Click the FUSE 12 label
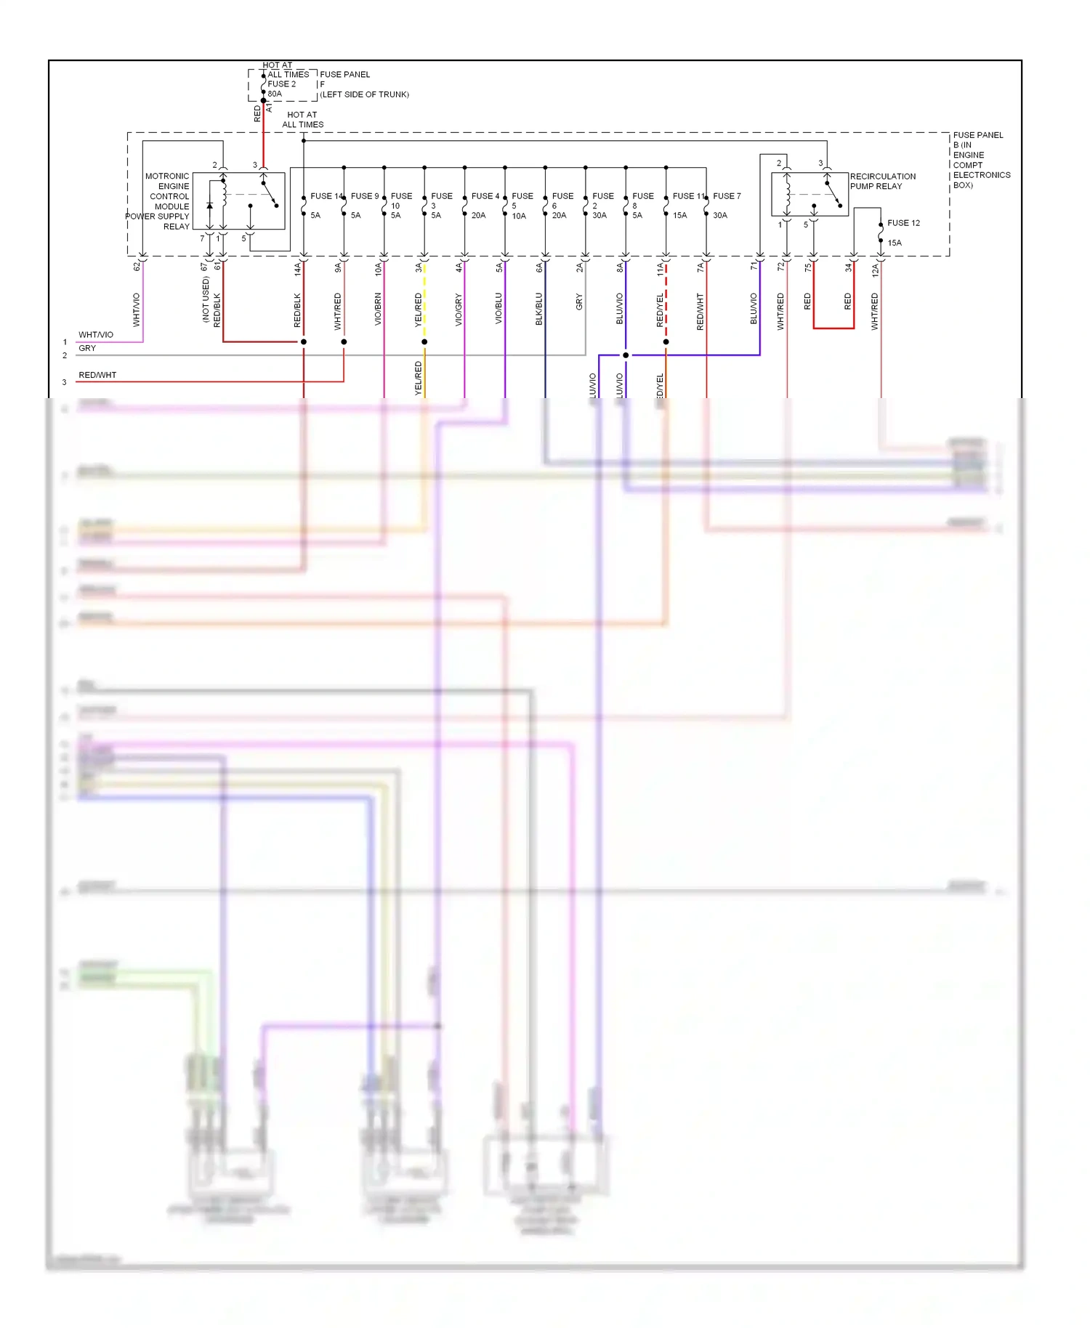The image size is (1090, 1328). [903, 223]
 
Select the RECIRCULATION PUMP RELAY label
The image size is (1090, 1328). [882, 182]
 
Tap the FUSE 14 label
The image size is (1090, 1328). [326, 196]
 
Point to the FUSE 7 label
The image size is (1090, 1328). [727, 196]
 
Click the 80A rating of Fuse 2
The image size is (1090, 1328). [275, 94]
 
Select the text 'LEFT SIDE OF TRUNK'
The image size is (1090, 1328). [365, 94]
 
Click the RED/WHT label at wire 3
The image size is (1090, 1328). [97, 375]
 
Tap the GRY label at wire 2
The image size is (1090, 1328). [87, 348]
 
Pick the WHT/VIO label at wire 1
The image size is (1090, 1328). [96, 335]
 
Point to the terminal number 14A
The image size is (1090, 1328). [297, 270]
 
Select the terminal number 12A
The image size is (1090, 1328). [876, 270]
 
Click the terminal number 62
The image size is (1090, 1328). [137, 267]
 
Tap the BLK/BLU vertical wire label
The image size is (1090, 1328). [539, 309]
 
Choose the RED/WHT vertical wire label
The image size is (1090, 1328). [701, 312]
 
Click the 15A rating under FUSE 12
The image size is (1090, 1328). [895, 243]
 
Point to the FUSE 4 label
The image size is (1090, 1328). [485, 196]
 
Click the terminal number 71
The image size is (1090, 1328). [754, 267]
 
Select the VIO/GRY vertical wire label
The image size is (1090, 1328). [459, 309]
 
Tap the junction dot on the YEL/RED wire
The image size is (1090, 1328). [424, 341]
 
